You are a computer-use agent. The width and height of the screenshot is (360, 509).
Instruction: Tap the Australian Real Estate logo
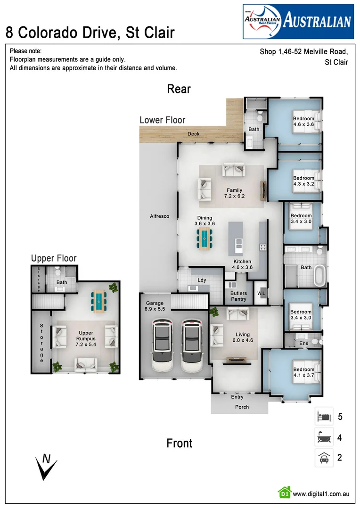298,21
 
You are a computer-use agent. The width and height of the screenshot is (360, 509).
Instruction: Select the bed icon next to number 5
324,417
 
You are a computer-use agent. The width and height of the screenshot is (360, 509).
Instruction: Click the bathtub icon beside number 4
324,438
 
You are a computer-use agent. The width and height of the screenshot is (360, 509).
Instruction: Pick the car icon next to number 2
324,458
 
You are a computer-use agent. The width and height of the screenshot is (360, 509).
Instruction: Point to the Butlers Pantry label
238,296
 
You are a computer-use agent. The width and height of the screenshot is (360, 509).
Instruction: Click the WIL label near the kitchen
262,293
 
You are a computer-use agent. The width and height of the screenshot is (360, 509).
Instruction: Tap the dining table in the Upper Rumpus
99,301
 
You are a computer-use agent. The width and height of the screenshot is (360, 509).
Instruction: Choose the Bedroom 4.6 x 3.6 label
303,122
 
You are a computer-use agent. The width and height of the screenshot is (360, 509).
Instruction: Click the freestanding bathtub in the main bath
319,276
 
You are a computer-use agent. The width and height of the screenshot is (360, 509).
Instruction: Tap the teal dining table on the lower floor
204,238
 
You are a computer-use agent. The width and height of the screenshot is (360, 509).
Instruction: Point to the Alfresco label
159,216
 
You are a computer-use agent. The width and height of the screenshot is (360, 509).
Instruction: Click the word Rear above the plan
179,89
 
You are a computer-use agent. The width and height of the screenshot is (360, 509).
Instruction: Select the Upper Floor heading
54,258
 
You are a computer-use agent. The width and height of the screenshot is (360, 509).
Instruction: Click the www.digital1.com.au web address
320,494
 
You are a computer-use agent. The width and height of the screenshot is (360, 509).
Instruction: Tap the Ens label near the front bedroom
303,344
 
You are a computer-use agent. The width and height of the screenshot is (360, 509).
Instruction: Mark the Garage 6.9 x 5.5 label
155,306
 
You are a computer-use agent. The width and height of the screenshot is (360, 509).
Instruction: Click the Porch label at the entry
242,407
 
